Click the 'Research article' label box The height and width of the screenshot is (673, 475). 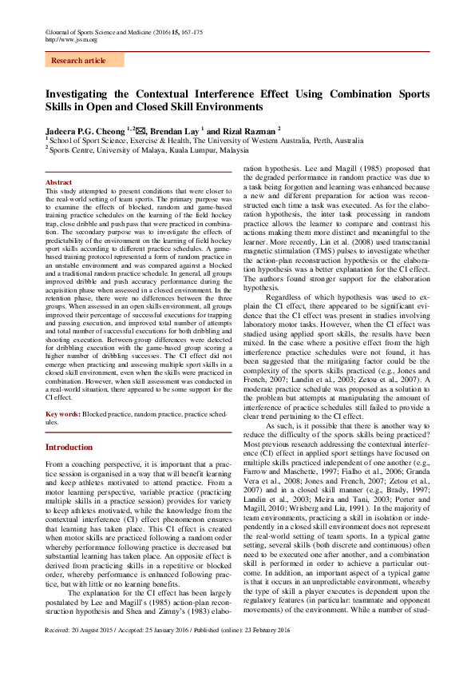click(x=78, y=61)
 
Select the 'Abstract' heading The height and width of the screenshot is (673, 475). click(x=59, y=182)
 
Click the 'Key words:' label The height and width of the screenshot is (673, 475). click(x=62, y=414)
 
